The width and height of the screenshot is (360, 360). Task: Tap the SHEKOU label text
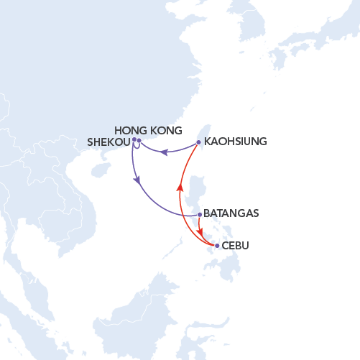(x=108, y=142)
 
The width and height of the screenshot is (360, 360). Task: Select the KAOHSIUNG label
(x=236, y=142)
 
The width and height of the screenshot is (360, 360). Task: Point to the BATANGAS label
(x=231, y=213)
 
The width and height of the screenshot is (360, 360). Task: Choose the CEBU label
(x=236, y=246)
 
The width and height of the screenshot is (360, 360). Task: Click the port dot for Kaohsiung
(x=198, y=142)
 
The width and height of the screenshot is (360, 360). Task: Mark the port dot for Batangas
(x=199, y=214)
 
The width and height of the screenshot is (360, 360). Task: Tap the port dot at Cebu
(x=217, y=246)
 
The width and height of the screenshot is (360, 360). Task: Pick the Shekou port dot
(x=134, y=139)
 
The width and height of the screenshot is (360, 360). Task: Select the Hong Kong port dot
(x=139, y=141)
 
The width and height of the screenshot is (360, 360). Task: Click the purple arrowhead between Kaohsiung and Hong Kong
(x=164, y=152)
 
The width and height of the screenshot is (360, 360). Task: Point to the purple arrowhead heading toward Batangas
(x=137, y=183)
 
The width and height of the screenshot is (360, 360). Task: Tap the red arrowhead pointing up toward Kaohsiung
(x=180, y=188)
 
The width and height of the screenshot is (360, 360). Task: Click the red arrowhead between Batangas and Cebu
(x=201, y=233)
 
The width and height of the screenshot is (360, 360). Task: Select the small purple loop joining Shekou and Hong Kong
(x=137, y=148)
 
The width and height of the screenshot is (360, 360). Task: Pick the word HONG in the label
(x=131, y=130)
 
